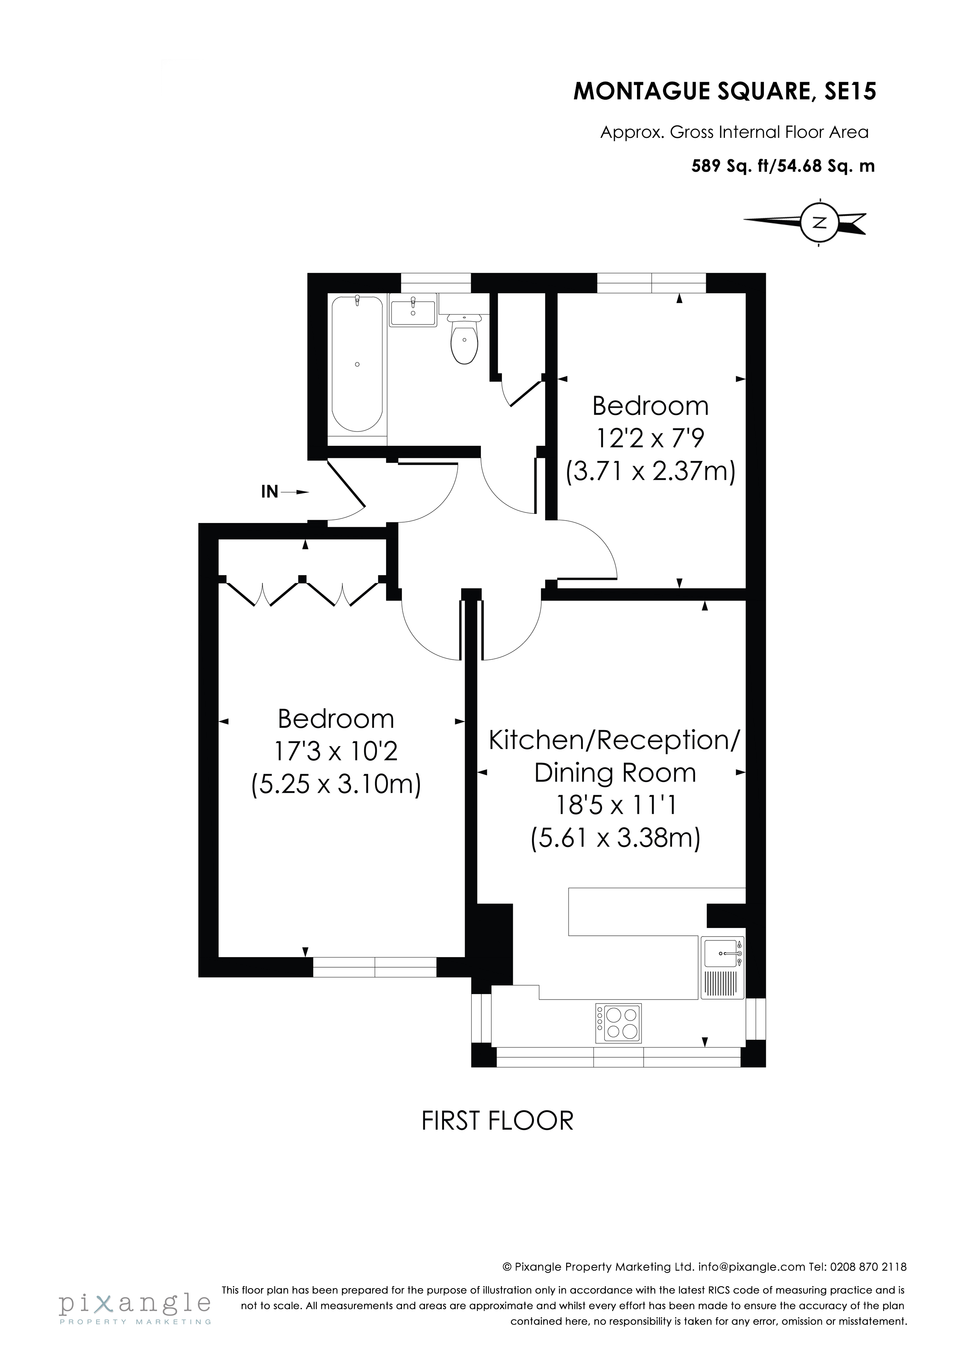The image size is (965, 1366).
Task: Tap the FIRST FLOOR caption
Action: point(497,1121)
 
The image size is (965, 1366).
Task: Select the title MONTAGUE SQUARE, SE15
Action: point(724,92)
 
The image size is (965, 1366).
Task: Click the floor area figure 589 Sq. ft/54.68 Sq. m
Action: point(783,166)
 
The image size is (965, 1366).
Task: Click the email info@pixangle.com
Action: point(751,1267)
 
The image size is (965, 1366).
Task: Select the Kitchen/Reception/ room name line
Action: point(614,740)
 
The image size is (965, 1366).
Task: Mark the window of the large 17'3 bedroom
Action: point(375,967)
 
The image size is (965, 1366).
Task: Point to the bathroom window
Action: point(436,283)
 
